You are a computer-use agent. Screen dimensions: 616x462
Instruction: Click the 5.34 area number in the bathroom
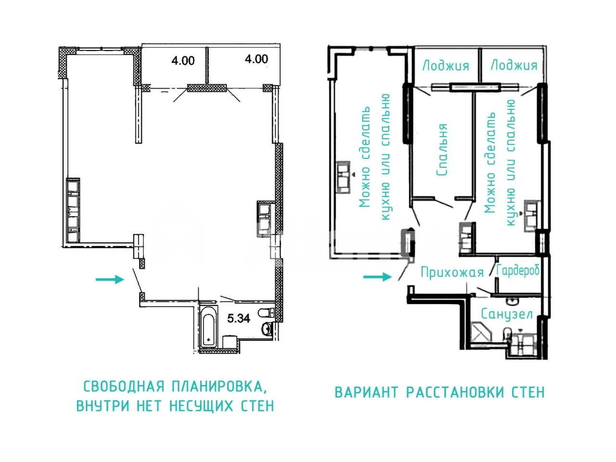238,319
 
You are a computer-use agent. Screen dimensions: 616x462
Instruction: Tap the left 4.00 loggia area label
183,61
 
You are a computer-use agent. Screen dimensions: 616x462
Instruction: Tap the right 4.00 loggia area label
256,59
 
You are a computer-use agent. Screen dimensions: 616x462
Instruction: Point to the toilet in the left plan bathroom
266,312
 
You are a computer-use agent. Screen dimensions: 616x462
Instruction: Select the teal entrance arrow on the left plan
110,280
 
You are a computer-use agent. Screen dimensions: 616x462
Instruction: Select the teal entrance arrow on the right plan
377,277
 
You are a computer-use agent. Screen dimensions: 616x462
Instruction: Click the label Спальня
442,150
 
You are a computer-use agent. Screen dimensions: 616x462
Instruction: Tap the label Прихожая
452,272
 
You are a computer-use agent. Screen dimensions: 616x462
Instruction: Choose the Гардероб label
518,270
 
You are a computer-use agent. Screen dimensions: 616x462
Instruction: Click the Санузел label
507,314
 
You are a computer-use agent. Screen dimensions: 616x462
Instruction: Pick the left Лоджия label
446,65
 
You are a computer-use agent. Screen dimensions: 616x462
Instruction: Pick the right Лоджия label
514,65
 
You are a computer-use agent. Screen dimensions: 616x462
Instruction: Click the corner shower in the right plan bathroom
481,333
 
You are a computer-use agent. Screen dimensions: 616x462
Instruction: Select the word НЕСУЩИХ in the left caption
202,406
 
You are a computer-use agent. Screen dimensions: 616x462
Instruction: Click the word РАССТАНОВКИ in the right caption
455,392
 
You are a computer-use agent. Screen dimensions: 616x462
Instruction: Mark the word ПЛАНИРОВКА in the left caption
219,387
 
